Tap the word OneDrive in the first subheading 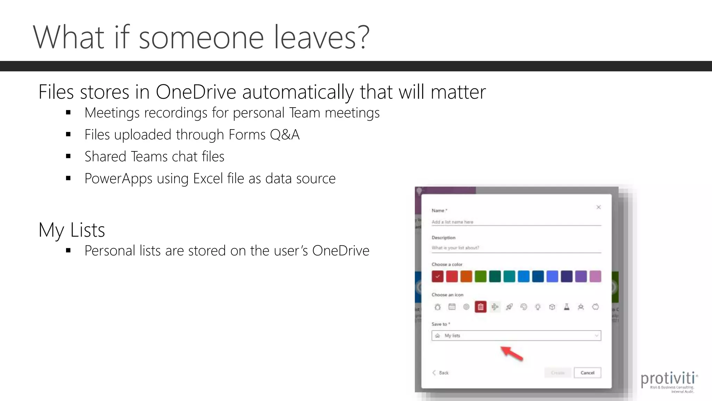pos(196,92)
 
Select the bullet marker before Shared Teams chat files pos(68,156)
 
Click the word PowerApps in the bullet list pos(118,179)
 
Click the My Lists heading pos(72,230)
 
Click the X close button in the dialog pos(598,207)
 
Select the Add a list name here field pos(516,222)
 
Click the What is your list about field pos(516,248)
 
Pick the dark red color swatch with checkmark pos(437,276)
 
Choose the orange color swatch pos(466,276)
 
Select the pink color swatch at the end pos(595,276)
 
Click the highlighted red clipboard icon pos(480,307)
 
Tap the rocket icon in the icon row pos(509,307)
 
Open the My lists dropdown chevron pos(596,336)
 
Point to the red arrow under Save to pos(512,353)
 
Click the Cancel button pos(587,372)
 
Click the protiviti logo pos(668,381)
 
